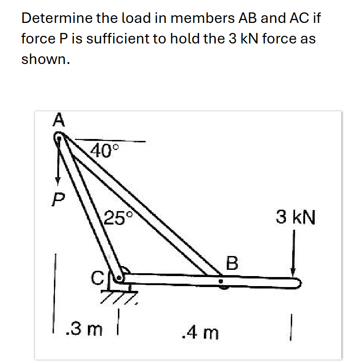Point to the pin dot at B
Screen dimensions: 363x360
pyautogui.click(x=221, y=282)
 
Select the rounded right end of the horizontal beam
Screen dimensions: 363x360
pyautogui.click(x=297, y=283)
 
